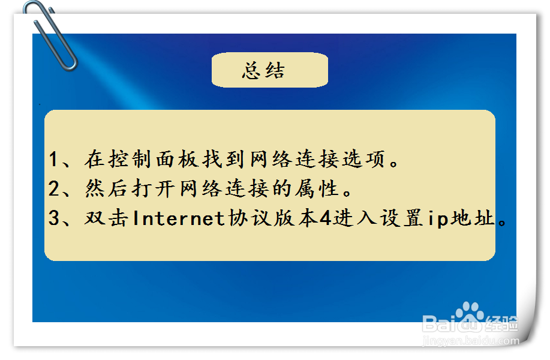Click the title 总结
(263, 71)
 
